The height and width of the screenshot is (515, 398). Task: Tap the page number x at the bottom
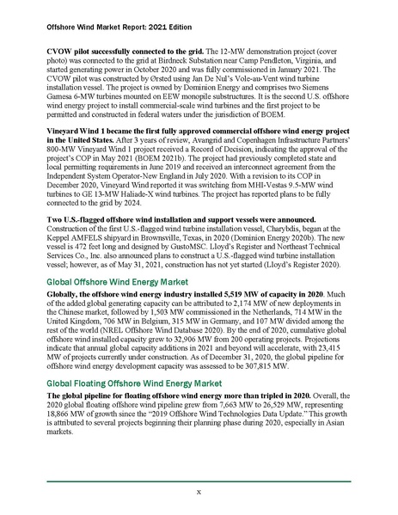(199, 493)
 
